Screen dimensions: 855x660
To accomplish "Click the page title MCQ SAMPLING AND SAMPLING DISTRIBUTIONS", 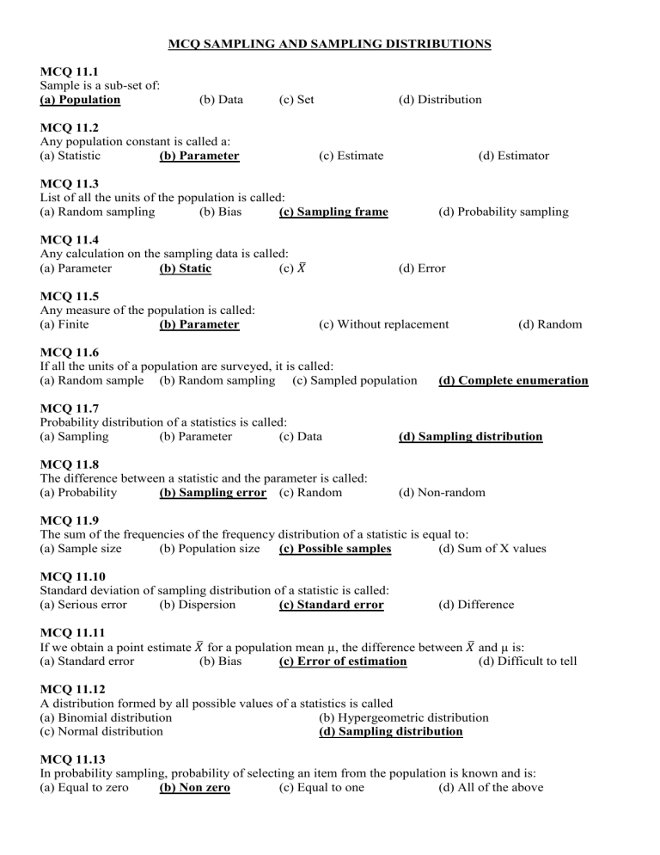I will click(329, 44).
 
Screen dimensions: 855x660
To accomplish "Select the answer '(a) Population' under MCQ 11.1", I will click(80, 100).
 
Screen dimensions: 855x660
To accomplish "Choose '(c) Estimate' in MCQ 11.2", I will click(351, 156).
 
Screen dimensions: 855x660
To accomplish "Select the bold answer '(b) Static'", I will click(186, 268).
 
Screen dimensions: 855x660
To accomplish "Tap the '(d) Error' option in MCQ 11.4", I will click(422, 268).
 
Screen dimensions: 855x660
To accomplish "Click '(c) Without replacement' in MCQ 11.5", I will click(383, 324).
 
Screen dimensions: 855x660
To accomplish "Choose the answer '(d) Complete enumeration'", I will click(513, 380).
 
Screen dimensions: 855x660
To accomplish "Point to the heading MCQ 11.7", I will click(70, 408).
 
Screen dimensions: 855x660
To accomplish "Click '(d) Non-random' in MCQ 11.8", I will click(442, 493).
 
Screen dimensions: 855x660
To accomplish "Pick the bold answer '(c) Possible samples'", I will click(335, 549).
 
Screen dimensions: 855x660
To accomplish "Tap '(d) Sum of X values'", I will click(491, 549).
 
